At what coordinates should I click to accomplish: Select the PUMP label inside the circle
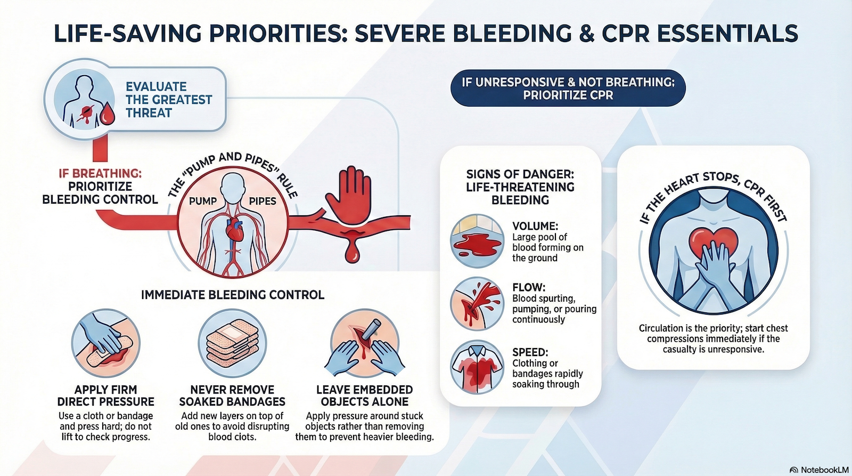point(203,201)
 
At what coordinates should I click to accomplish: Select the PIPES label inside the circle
point(263,201)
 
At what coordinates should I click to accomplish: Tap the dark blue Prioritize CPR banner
point(568,88)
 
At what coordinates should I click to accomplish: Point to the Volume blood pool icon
point(477,241)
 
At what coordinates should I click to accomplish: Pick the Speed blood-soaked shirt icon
point(477,367)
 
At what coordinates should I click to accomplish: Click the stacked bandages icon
point(233,343)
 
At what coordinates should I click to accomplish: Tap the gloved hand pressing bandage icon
point(106,343)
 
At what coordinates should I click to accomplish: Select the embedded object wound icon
point(364,343)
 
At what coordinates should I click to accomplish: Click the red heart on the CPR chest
point(713,241)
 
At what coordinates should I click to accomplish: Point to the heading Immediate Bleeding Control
point(233,295)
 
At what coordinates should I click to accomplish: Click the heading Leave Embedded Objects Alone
point(364,396)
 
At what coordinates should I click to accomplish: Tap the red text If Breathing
point(100,173)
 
